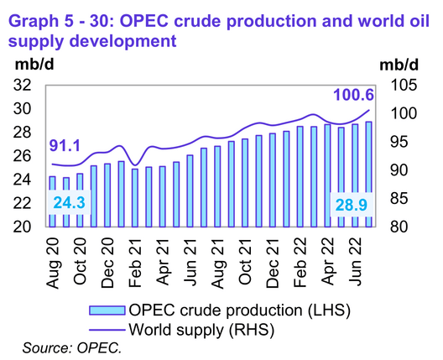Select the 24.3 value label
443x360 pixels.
(x=69, y=204)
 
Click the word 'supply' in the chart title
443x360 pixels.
(x=40, y=39)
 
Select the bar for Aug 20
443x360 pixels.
(x=52, y=201)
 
